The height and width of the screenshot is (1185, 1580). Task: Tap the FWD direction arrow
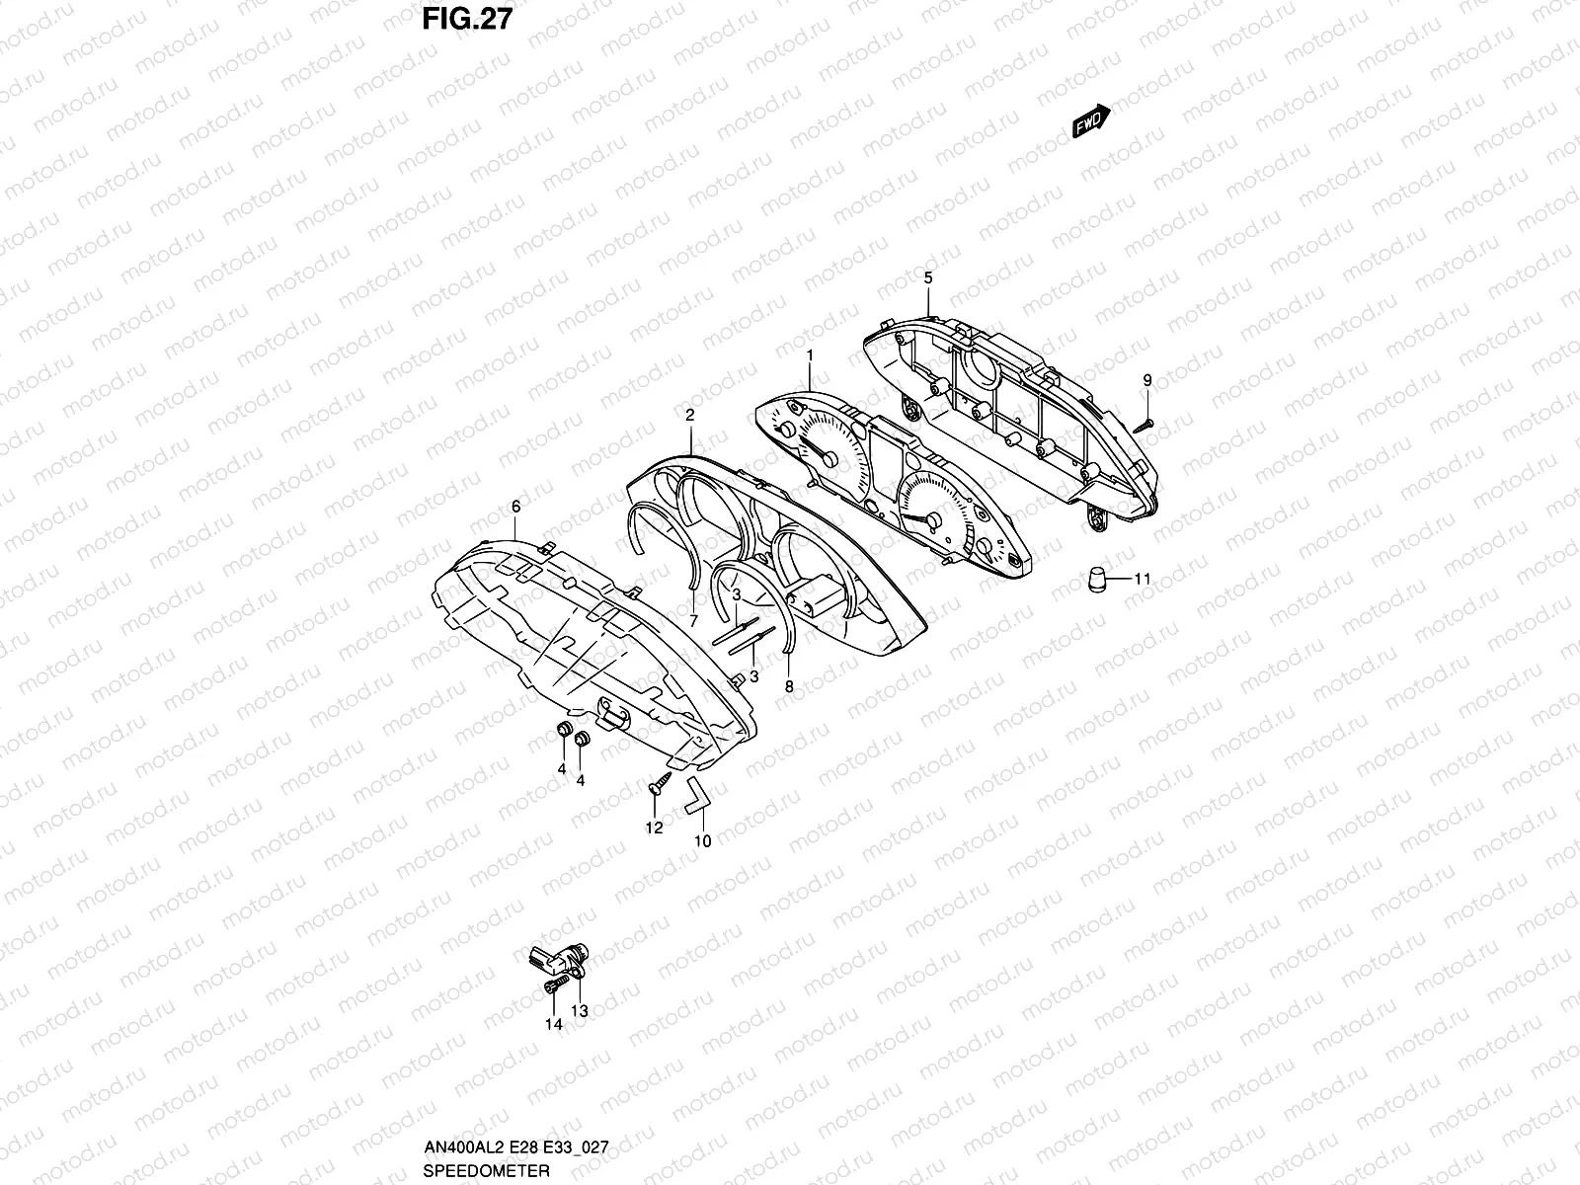1091,120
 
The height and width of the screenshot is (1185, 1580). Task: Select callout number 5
928,278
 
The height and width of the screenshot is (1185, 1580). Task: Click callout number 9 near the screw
1147,380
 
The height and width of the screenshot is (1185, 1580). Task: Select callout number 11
1142,580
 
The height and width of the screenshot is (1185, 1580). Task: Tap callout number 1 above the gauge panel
810,354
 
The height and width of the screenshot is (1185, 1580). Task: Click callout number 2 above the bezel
689,416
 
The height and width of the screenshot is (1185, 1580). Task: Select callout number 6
515,506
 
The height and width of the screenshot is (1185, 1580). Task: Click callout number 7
693,621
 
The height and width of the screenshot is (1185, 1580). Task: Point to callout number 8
788,684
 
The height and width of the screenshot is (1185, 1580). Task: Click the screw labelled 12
657,788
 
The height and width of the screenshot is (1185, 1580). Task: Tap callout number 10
703,841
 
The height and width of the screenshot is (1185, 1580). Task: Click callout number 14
554,1025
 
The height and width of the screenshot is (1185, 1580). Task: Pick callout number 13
580,1010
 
